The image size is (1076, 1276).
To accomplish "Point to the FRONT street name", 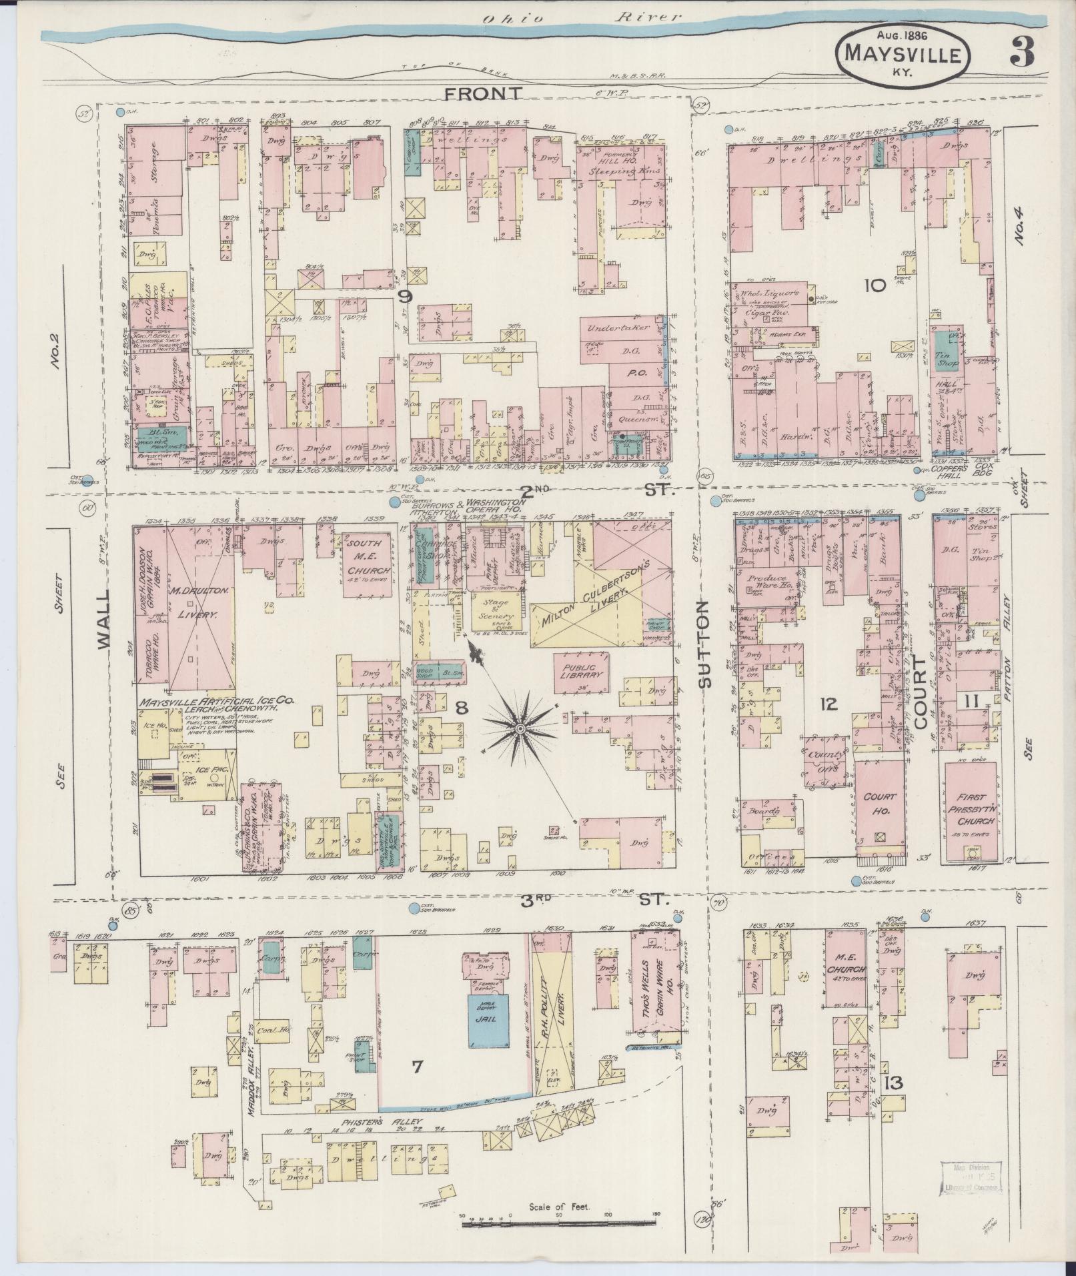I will [484, 94].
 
